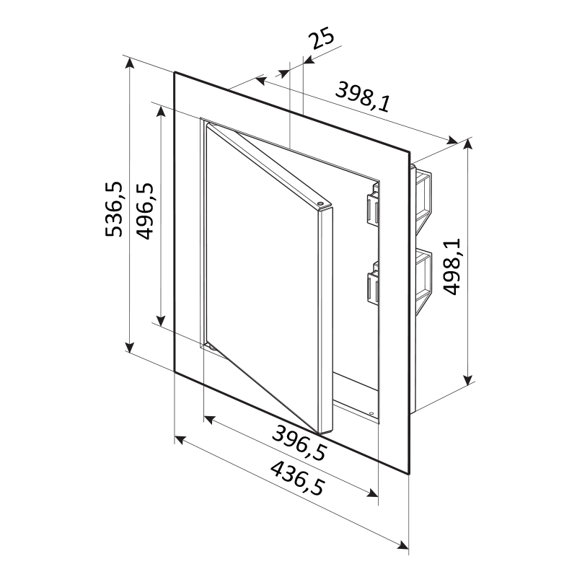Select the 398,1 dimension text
click(x=364, y=97)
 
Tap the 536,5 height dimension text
click(x=114, y=208)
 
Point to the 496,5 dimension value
click(x=144, y=211)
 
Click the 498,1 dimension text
click(x=452, y=266)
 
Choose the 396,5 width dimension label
click(x=299, y=442)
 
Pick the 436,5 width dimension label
click(x=298, y=478)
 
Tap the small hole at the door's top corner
click(x=320, y=203)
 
